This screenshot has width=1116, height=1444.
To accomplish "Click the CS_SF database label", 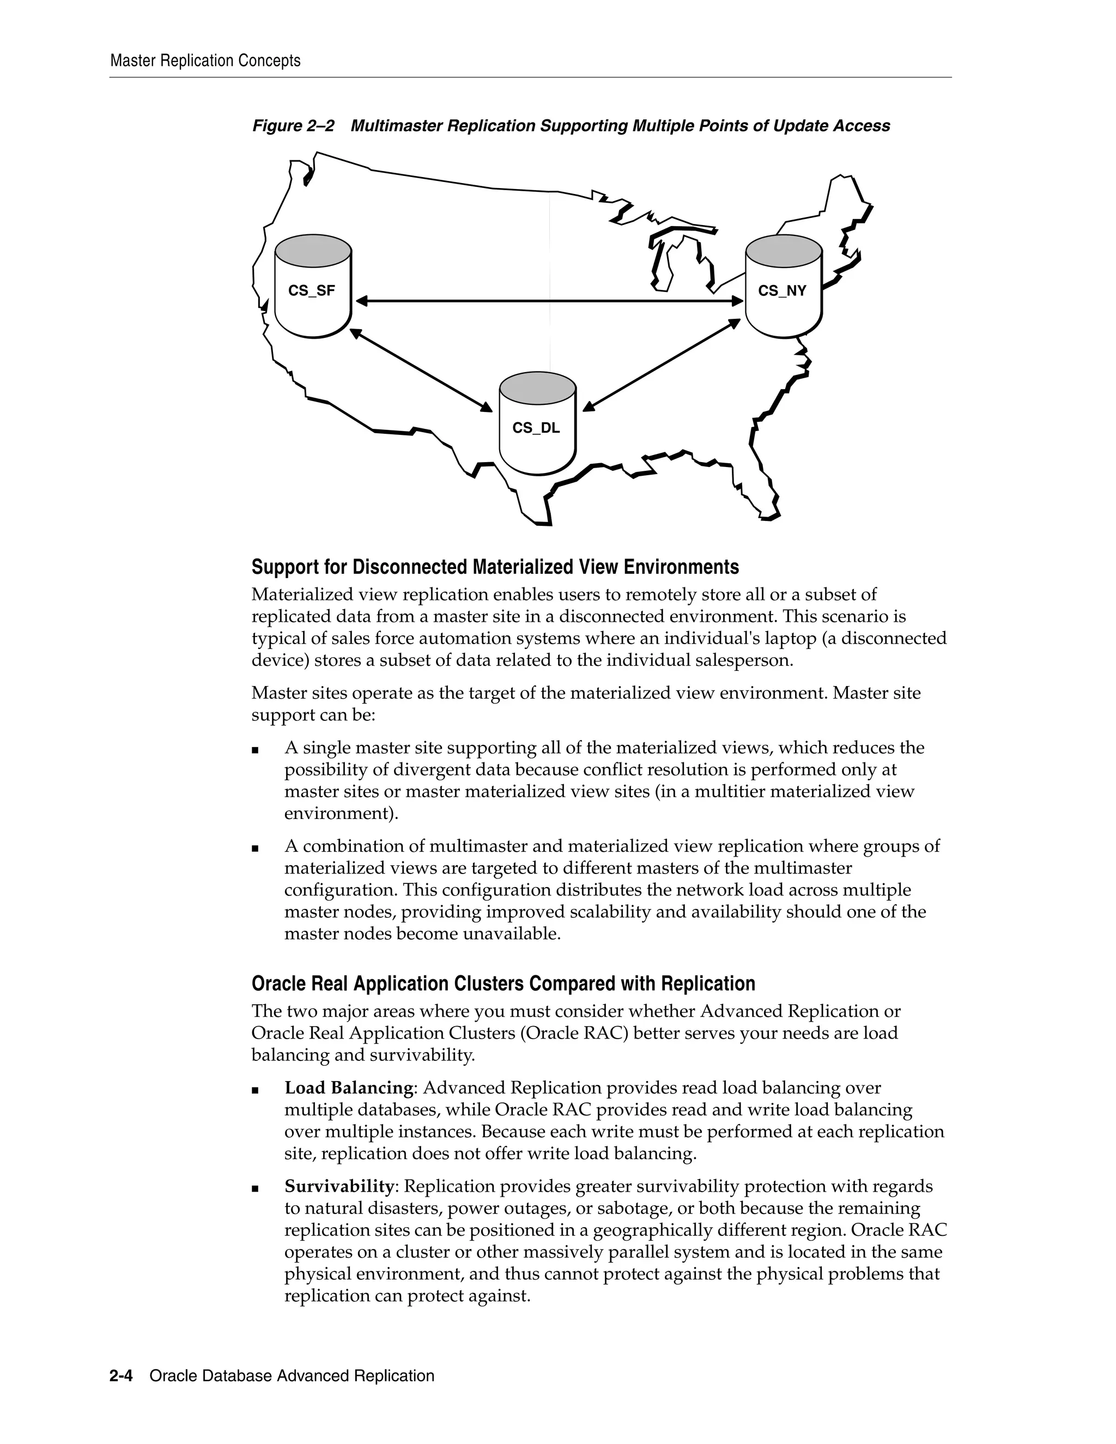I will click(311, 291).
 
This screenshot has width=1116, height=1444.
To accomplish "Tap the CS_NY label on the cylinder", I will click(782, 291).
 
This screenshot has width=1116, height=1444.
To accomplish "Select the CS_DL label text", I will click(536, 428).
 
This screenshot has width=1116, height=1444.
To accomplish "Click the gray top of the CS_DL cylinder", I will click(537, 387).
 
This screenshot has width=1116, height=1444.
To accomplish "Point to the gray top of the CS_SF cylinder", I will click(313, 249).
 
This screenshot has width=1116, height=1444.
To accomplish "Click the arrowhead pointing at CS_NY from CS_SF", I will click(737, 301).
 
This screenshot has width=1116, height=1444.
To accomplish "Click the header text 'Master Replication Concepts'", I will click(205, 61).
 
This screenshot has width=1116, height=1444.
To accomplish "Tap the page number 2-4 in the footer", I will click(121, 1376).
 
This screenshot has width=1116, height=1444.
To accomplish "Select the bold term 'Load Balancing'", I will click(348, 1088).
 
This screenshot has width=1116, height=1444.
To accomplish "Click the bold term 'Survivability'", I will click(339, 1186).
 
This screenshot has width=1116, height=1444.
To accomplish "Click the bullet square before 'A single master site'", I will click(255, 750).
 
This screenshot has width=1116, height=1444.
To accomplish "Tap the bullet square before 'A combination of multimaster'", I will click(255, 848).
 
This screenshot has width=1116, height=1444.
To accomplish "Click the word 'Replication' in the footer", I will click(394, 1376).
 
